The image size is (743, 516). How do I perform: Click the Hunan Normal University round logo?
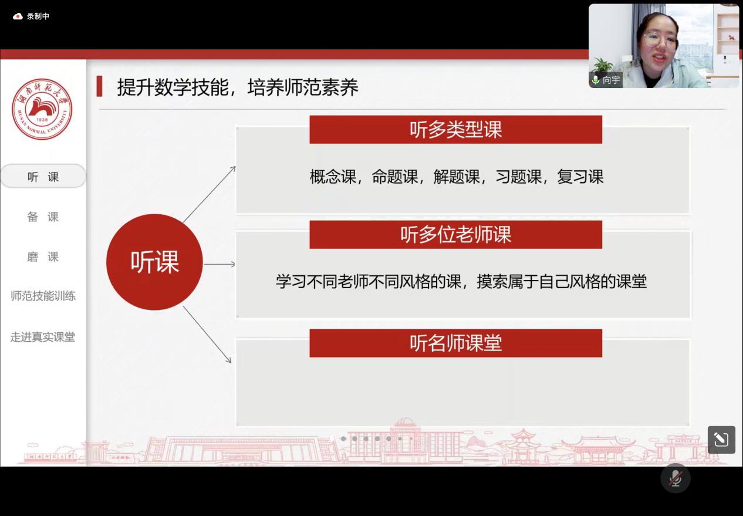[42, 109]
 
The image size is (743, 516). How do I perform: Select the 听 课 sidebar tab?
[43, 176]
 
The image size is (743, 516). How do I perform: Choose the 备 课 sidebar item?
[43, 217]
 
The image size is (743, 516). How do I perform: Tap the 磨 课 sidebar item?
[43, 257]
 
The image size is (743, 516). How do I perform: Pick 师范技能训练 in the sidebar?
[43, 296]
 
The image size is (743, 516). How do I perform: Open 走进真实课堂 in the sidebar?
[43, 337]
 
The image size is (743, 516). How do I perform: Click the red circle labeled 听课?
[154, 262]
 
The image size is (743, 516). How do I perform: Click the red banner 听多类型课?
[456, 129]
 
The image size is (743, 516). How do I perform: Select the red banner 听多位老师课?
[456, 235]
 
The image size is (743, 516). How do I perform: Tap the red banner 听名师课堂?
[456, 343]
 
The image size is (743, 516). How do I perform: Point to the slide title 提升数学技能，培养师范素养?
[238, 87]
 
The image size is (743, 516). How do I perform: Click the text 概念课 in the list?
[333, 177]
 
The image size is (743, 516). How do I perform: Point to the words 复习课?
[580, 177]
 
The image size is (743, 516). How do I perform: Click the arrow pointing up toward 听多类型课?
[210, 194]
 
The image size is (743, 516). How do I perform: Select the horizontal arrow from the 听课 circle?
[219, 264]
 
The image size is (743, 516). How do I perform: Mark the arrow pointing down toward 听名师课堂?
[207, 335]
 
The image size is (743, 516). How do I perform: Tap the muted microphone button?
[676, 478]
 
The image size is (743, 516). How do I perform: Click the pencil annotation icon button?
[721, 440]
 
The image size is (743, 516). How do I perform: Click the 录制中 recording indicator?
[31, 16]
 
